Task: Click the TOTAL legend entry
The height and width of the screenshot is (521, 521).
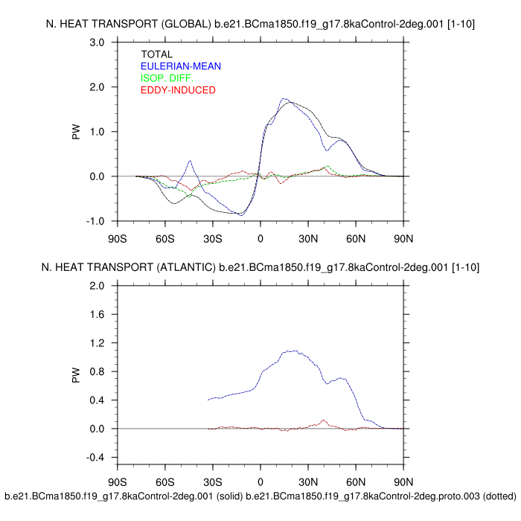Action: pyautogui.click(x=156, y=54)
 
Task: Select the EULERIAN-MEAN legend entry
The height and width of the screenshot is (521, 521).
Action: pyautogui.click(x=181, y=66)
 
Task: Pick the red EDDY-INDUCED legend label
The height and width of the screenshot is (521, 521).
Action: pyautogui.click(x=178, y=90)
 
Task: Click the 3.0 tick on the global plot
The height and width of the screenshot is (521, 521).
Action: pyautogui.click(x=96, y=42)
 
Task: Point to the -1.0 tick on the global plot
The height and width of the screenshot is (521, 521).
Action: pyautogui.click(x=95, y=222)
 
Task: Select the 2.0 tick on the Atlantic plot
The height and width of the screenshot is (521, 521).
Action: pyautogui.click(x=96, y=286)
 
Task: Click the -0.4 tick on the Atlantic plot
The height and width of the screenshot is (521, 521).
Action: pyautogui.click(x=95, y=458)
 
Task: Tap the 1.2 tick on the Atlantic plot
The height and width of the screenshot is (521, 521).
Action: pyautogui.click(x=96, y=343)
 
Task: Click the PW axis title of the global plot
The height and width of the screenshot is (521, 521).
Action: pyautogui.click(x=76, y=132)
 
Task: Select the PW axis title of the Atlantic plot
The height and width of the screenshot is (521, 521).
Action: pyautogui.click(x=76, y=371)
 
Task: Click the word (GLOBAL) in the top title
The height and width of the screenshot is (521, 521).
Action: pyautogui.click(x=185, y=25)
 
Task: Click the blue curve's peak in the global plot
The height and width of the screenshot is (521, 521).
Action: pyautogui.click(x=284, y=98)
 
